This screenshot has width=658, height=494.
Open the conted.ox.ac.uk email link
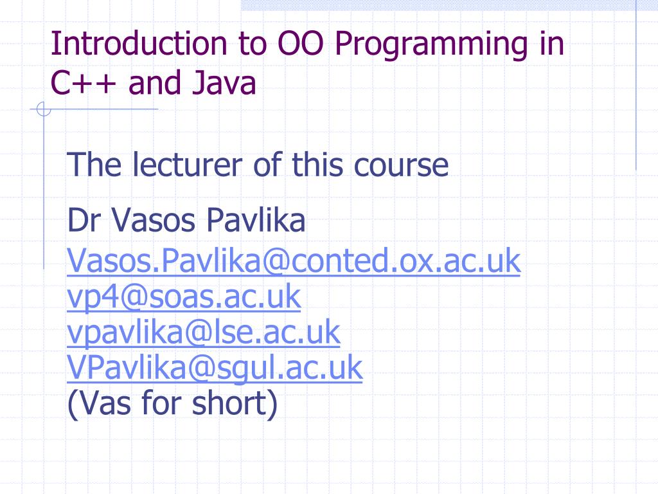(x=294, y=261)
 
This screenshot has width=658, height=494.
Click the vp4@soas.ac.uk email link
(x=184, y=297)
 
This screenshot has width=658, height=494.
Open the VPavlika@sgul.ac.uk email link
(x=215, y=369)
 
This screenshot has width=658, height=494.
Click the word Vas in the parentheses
(x=100, y=404)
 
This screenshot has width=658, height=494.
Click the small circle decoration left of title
(x=44, y=111)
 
